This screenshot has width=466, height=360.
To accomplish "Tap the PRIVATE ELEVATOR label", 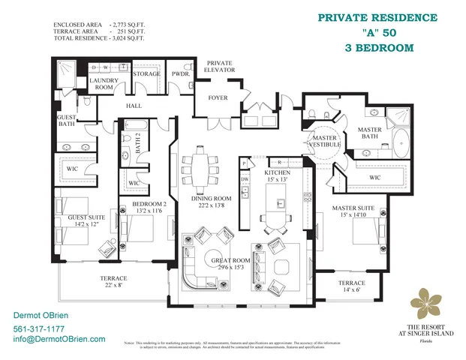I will (x=221, y=66).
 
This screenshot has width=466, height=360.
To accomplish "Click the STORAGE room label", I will (x=146, y=73).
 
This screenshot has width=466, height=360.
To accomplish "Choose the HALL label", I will (x=134, y=106).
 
